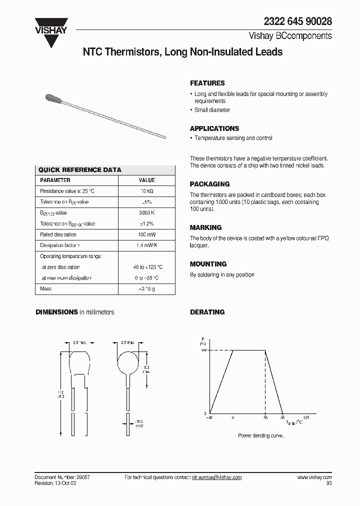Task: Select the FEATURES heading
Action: point(207,83)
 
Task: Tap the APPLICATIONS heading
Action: point(214,128)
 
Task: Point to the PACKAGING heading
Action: point(209,184)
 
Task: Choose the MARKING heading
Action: point(205,227)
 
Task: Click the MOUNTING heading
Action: point(208,264)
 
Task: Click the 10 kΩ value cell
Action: point(146,191)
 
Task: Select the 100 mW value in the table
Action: point(146,234)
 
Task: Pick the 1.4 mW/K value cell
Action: point(146,245)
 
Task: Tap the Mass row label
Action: point(45,289)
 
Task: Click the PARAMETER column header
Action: point(55,180)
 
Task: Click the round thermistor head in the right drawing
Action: point(127,360)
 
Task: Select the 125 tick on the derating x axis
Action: point(306,417)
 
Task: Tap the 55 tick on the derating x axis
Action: point(265,417)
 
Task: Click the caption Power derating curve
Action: point(260,436)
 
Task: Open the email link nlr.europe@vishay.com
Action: point(216,477)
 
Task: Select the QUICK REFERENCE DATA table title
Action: point(80,170)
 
